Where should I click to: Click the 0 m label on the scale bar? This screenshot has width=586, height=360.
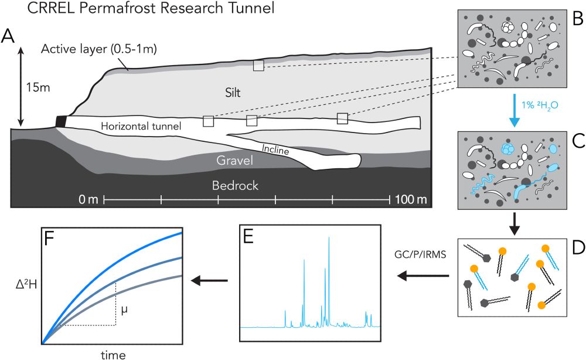tap(89, 201)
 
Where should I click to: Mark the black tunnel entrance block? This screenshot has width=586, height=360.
tap(60, 121)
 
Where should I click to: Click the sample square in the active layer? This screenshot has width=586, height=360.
tap(258, 66)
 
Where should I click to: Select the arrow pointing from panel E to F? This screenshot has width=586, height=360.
tap(210, 282)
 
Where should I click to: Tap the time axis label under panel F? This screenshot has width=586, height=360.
tap(112, 354)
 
